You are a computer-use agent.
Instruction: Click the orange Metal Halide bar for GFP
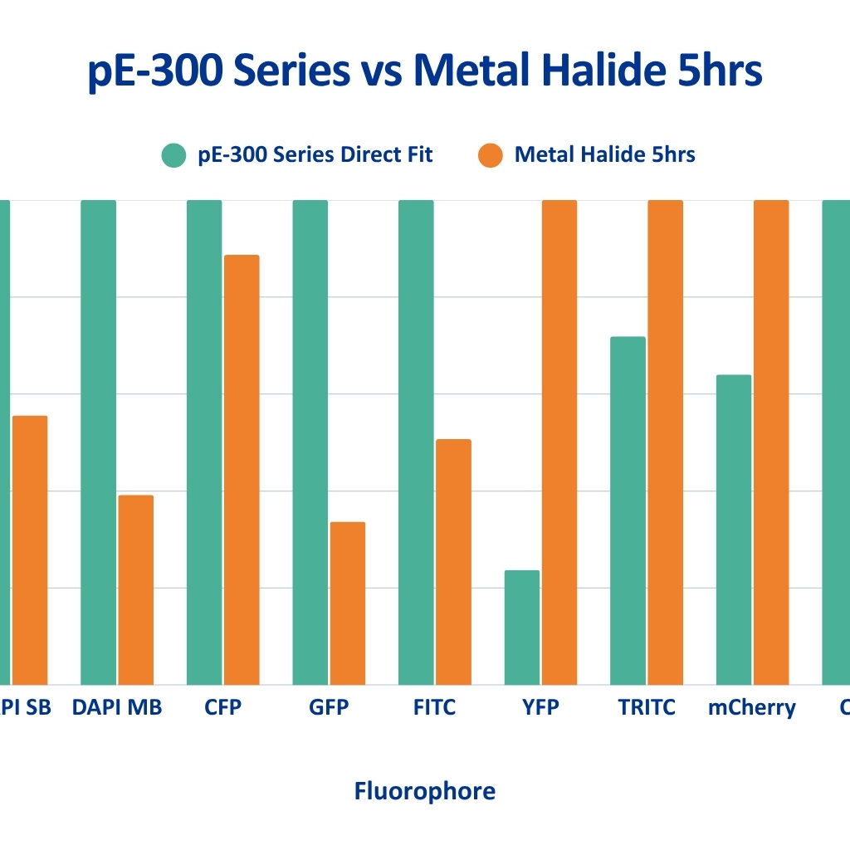(347, 603)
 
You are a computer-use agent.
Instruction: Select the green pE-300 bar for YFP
(521, 627)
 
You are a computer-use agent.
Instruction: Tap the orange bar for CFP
(242, 469)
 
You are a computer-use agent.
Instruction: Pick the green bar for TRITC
(628, 510)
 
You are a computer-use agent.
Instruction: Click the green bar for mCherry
(734, 530)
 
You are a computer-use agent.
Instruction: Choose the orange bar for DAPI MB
(135, 589)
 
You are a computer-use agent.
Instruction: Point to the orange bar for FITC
(453, 561)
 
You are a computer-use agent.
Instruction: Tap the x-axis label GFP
(329, 708)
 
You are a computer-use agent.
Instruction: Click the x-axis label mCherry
(752, 708)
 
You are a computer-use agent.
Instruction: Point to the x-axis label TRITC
(647, 708)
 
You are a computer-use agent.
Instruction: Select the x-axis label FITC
(434, 708)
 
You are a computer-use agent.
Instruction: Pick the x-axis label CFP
(222, 708)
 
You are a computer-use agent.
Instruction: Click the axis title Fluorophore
(425, 791)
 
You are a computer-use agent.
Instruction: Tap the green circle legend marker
(174, 155)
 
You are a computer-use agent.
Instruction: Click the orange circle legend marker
(491, 155)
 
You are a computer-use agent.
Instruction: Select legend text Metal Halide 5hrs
(604, 154)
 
